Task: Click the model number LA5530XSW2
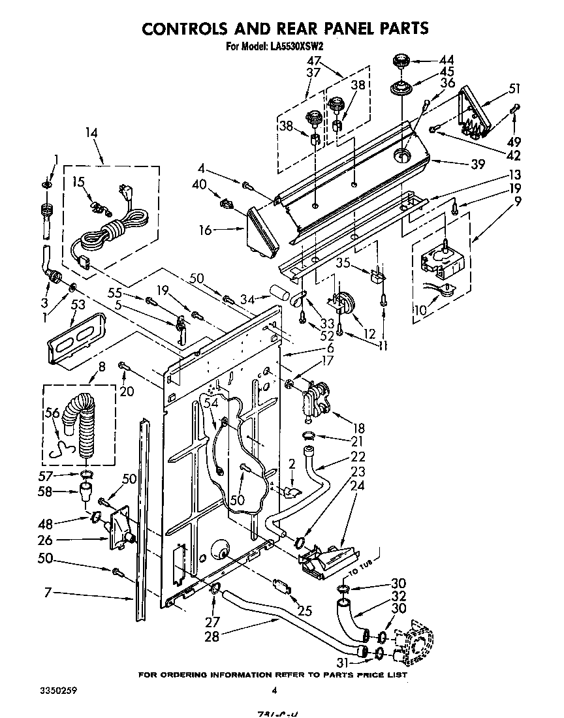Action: (x=297, y=46)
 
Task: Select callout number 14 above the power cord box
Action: (x=91, y=133)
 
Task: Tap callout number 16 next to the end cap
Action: (x=206, y=230)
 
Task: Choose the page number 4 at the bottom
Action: (x=275, y=691)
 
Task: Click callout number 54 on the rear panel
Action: (x=210, y=405)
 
